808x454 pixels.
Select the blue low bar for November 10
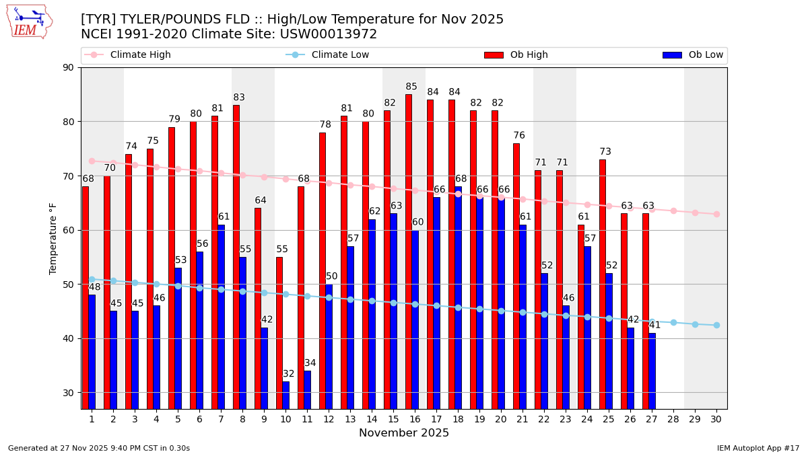click(286, 395)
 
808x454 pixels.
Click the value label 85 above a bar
click(411, 87)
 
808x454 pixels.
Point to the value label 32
click(289, 374)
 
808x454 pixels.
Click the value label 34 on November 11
click(310, 363)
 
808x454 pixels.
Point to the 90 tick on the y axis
click(69, 67)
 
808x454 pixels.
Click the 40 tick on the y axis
click(69, 338)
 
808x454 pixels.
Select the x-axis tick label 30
click(716, 419)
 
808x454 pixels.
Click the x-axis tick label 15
click(393, 419)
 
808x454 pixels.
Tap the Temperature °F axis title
click(53, 238)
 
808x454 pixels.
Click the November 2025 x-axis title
click(404, 433)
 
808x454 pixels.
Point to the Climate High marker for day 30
click(716, 214)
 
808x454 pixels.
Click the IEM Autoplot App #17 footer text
click(758, 448)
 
